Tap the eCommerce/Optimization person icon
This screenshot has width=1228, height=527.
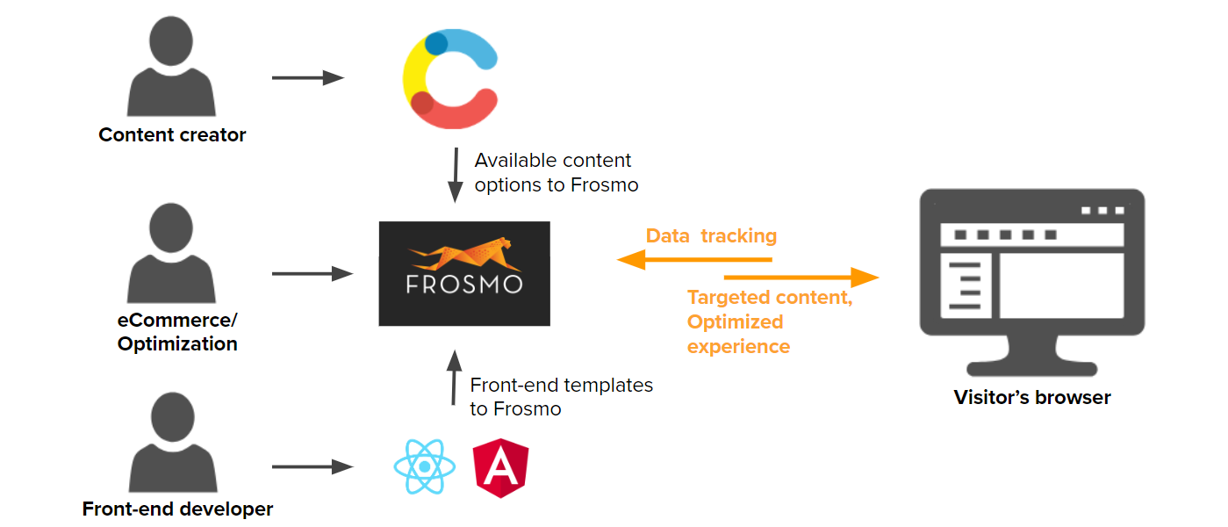click(171, 255)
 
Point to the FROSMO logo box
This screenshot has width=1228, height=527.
click(464, 273)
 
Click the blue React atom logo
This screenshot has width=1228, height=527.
click(424, 466)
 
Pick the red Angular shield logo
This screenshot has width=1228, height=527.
click(500, 467)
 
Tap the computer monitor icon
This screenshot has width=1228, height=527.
click(1031, 281)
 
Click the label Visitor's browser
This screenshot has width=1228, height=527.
click(1032, 398)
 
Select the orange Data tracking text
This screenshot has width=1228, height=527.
click(711, 235)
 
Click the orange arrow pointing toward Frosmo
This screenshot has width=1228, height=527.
click(693, 259)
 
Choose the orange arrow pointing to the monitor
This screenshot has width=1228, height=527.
click(801, 278)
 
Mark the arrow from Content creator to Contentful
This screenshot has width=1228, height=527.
click(307, 77)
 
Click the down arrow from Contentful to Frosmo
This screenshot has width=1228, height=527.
click(456, 176)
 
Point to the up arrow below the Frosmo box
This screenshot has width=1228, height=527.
click(454, 378)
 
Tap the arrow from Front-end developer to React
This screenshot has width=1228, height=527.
click(312, 466)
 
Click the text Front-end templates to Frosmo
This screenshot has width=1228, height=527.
click(561, 397)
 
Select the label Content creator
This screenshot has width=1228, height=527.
click(172, 135)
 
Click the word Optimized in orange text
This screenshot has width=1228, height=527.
click(735, 321)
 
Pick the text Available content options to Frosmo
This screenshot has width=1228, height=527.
click(556, 173)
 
